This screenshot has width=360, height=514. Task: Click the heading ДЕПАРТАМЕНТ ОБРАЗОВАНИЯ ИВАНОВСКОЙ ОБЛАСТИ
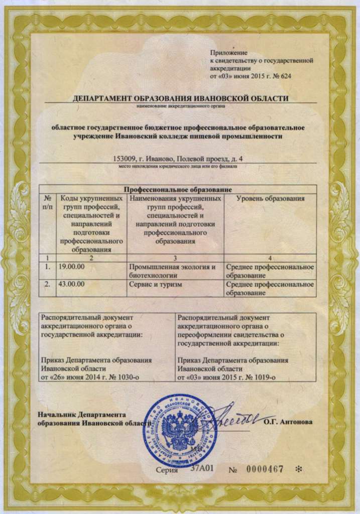click(181, 98)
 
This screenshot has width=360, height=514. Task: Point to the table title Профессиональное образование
click(178, 189)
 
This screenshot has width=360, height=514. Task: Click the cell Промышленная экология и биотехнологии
click(172, 271)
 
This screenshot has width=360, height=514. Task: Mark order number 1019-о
click(263, 376)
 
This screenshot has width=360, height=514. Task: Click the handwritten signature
click(233, 416)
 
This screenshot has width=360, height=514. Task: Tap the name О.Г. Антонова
click(288, 422)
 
